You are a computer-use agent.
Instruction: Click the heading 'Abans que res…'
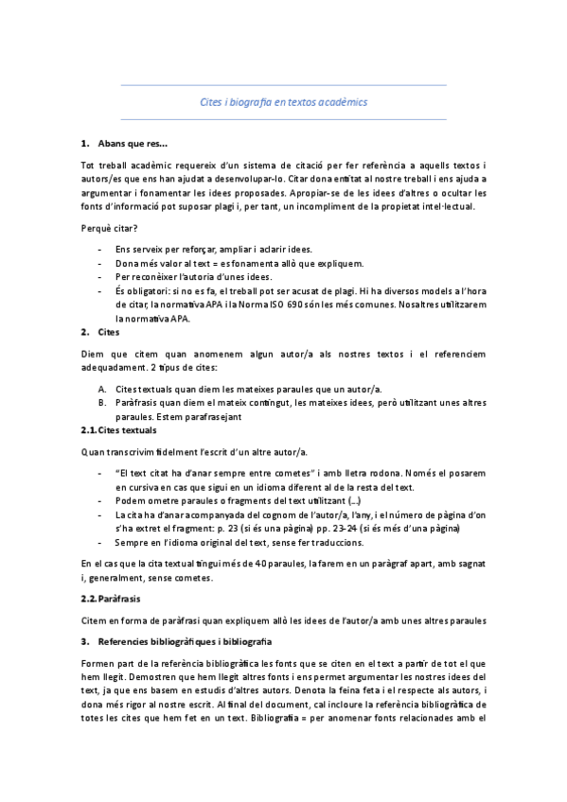click(x=132, y=144)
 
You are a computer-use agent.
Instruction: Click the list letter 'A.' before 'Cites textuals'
click(x=102, y=389)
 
